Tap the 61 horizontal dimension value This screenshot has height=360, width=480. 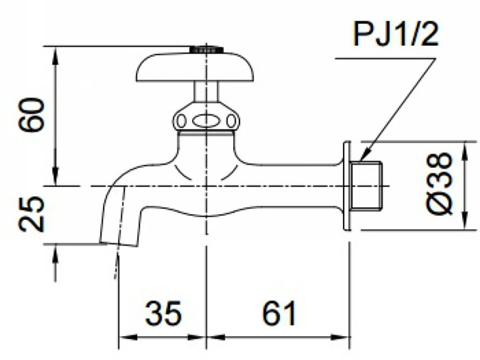coord(279,313)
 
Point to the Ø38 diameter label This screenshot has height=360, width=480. coord(440,184)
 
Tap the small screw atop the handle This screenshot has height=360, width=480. coord(206,49)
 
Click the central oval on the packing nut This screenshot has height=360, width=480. coord(206,121)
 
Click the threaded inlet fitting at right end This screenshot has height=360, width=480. coord(365,186)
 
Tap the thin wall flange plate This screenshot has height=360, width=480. coord(347,186)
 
